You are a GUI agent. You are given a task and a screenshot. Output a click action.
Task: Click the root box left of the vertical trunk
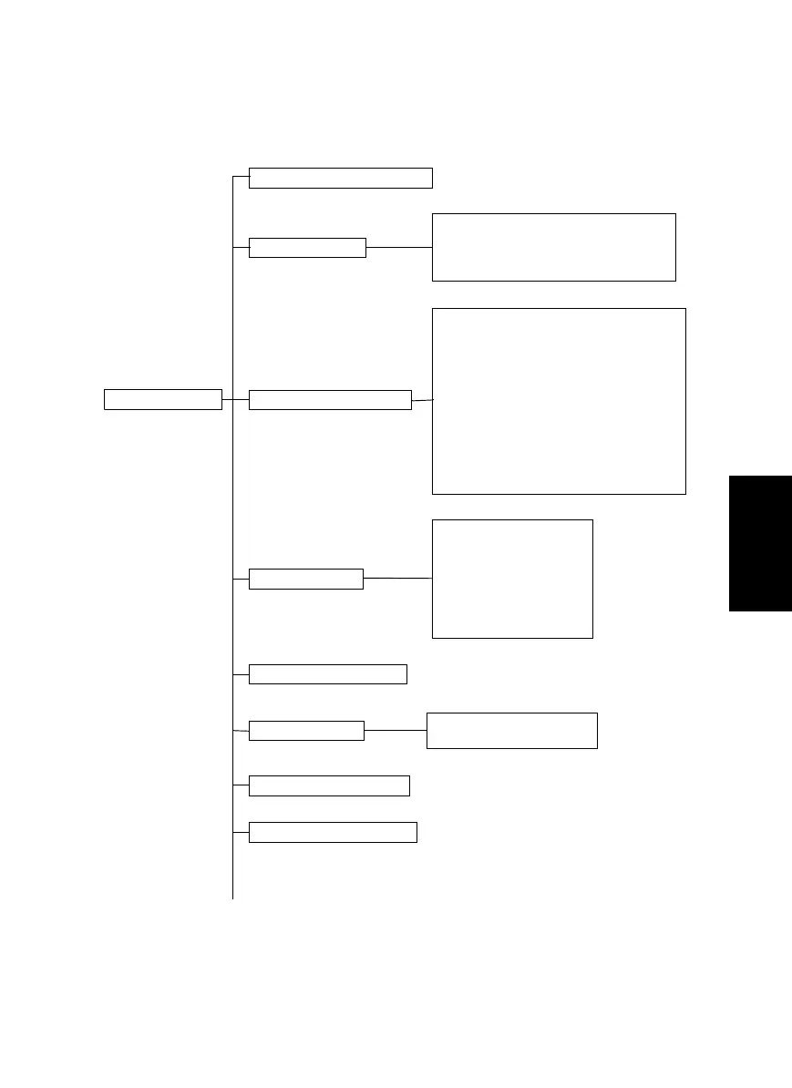[163, 399]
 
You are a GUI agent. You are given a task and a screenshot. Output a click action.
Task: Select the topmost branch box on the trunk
[340, 178]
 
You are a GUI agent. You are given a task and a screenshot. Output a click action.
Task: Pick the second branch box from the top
[307, 248]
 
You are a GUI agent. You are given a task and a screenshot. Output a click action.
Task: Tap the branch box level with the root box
[330, 399]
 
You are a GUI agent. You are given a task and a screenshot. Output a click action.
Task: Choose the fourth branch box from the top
[305, 579]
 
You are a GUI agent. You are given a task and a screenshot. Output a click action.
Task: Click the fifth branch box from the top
[327, 674]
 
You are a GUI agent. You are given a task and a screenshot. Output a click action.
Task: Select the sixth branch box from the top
[306, 731]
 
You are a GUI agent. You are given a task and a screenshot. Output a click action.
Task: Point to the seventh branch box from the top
[329, 785]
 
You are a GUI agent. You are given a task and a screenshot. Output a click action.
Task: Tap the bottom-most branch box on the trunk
[333, 832]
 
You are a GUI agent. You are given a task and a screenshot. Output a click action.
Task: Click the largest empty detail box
[559, 401]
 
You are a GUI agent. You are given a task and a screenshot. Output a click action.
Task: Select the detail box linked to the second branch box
[553, 247]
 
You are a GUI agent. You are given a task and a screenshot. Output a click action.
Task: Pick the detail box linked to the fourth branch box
[512, 579]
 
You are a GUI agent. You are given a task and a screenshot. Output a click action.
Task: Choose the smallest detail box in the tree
[512, 731]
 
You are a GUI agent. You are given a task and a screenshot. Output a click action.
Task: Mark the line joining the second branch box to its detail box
[398, 247]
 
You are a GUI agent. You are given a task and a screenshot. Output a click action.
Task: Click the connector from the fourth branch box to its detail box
[397, 578]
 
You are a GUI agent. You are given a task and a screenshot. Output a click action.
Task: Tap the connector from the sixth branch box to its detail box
[396, 730]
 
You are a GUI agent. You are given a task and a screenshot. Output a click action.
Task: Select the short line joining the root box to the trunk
[228, 399]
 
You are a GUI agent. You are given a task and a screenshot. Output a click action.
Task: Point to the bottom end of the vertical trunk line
[233, 897]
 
